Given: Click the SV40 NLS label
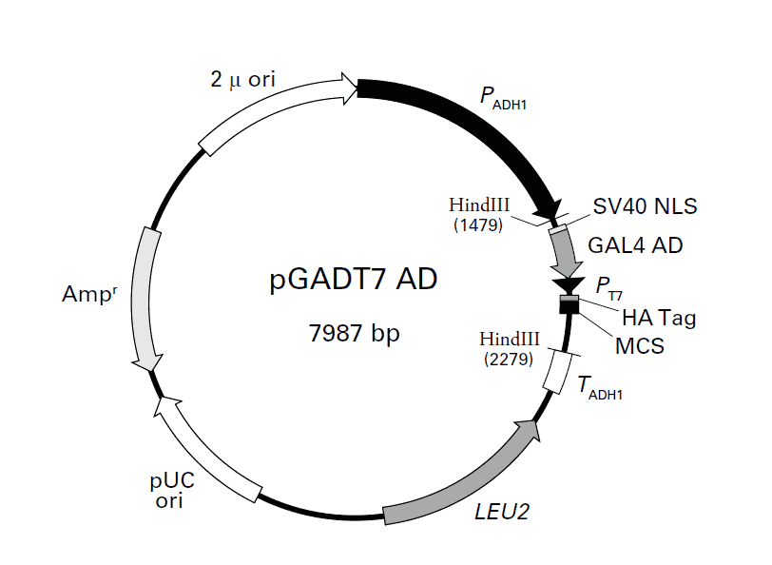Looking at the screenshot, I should (x=645, y=206).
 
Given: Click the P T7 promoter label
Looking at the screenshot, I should (x=609, y=285).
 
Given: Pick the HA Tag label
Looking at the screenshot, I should (x=658, y=318).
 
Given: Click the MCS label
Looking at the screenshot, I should (x=639, y=345).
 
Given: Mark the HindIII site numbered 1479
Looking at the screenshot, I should (x=480, y=214).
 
